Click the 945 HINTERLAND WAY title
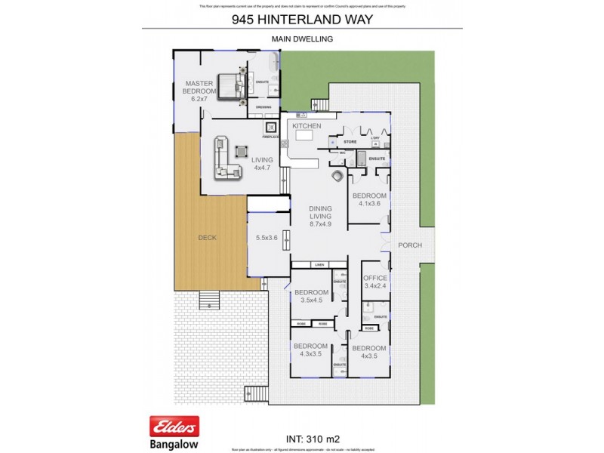point(302,20)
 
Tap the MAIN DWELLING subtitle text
point(302,39)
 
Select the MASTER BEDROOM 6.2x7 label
point(200,91)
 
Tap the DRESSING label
point(263,107)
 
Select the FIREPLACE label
point(270,137)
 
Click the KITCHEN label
point(307,126)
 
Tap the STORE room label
point(350,141)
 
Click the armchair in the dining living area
point(337,177)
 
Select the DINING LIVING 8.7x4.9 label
point(325,216)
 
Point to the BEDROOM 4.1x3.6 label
point(369,200)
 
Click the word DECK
point(207,238)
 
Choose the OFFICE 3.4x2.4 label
point(375,282)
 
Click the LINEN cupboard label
point(320,265)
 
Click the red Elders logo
point(174,427)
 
